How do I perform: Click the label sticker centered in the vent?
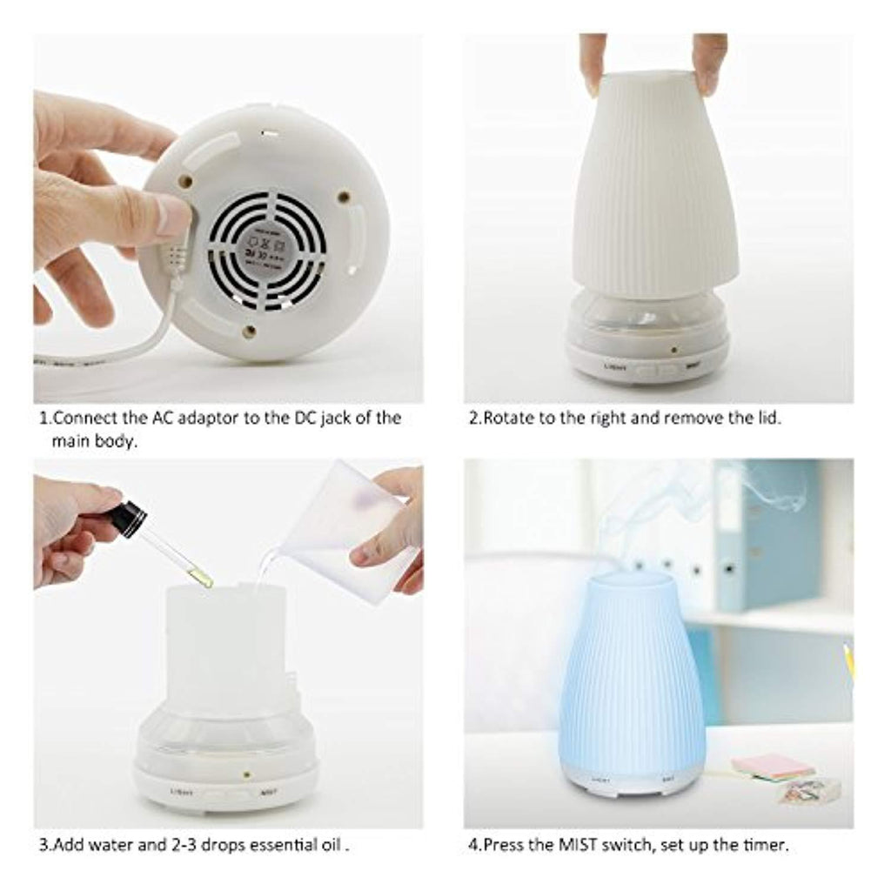(x=266, y=247)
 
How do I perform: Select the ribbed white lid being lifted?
(x=654, y=187)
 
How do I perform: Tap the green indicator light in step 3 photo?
(x=247, y=771)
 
